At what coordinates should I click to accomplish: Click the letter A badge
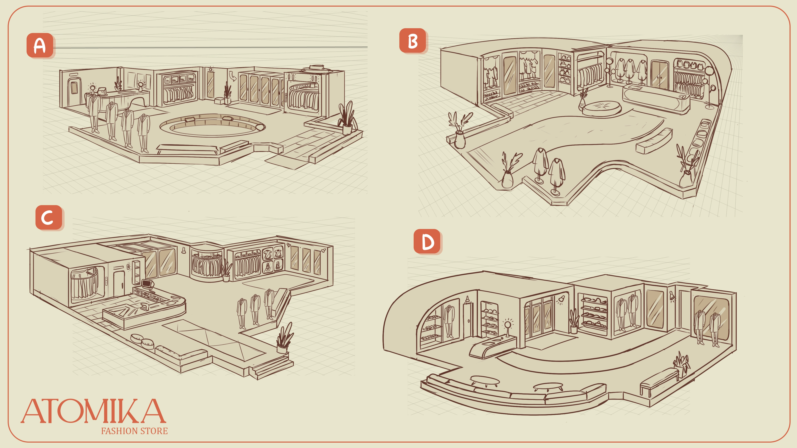[40, 45]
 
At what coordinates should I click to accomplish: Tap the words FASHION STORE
[134, 431]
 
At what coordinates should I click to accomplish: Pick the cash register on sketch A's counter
[101, 91]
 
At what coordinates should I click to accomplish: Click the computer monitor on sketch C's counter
[148, 284]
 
